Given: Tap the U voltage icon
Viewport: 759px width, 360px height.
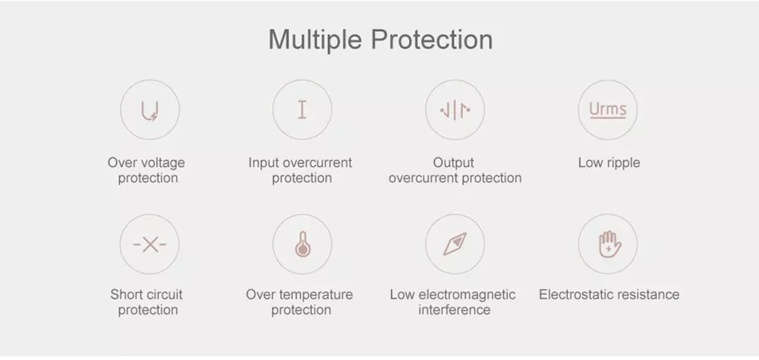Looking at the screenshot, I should click(150, 110).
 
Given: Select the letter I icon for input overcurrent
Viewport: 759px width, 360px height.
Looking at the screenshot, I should click(302, 110).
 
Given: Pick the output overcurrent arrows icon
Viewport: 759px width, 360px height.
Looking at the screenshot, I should click(455, 110).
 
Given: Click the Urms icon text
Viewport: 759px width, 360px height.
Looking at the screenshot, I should click(608, 109).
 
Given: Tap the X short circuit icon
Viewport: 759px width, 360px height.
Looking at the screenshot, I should click(150, 245).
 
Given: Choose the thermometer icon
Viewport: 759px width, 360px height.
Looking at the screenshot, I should click(302, 245).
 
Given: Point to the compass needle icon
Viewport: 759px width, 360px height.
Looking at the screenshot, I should click(455, 245).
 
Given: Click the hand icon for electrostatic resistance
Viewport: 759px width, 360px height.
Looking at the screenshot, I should click(608, 245).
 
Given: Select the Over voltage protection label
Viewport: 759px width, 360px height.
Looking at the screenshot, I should click(146, 170).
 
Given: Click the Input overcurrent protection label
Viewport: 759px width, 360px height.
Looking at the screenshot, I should click(301, 170).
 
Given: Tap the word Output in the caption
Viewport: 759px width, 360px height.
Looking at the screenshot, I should click(453, 163).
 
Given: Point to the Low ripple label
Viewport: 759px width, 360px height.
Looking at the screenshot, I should click(609, 163).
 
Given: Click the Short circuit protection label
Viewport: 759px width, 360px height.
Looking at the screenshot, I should click(146, 302).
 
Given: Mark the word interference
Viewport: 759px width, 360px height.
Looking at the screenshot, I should click(454, 310).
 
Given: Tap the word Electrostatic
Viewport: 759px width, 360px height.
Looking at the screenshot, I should click(577, 295).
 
